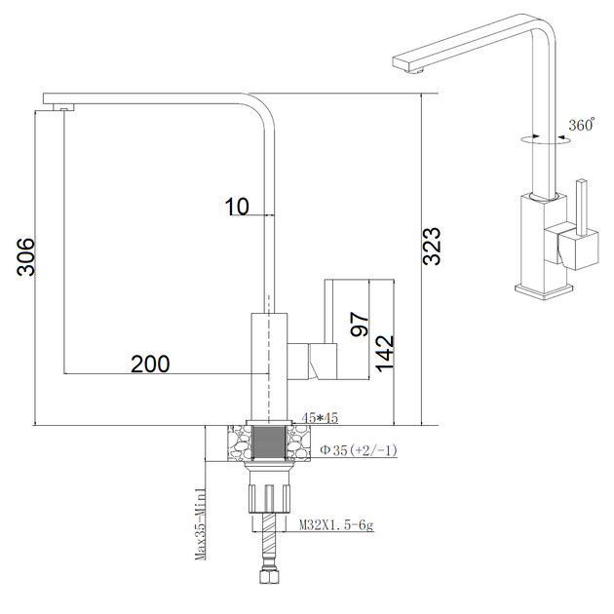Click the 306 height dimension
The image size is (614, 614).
pyautogui.click(x=26, y=256)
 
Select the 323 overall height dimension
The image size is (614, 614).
pyautogui.click(x=433, y=246)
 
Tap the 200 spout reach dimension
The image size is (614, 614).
pyautogui.click(x=150, y=364)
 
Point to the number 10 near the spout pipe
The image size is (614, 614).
pyautogui.click(x=237, y=207)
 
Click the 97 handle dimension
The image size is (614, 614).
pyautogui.click(x=360, y=325)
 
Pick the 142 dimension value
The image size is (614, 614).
pyautogui.click(x=385, y=353)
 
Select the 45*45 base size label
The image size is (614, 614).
pyautogui.click(x=320, y=418)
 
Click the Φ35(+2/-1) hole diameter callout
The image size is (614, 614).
pyautogui.click(x=359, y=450)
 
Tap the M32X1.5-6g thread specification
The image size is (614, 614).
pyautogui.click(x=337, y=524)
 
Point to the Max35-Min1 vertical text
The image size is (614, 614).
pyautogui.click(x=200, y=524)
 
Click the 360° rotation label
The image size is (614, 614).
pyautogui.click(x=582, y=125)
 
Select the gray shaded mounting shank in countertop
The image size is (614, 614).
pyautogui.click(x=269, y=442)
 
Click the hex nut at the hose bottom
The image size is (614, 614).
pyautogui.click(x=269, y=577)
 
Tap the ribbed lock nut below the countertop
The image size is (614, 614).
pyautogui.click(x=269, y=498)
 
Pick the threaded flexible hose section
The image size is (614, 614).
pyautogui.click(x=269, y=541)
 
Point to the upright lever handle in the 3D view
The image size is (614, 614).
pyautogui.click(x=582, y=208)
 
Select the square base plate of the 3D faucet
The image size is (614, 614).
pyautogui.click(x=544, y=291)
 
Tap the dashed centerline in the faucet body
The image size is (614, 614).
pyautogui.click(x=269, y=360)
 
